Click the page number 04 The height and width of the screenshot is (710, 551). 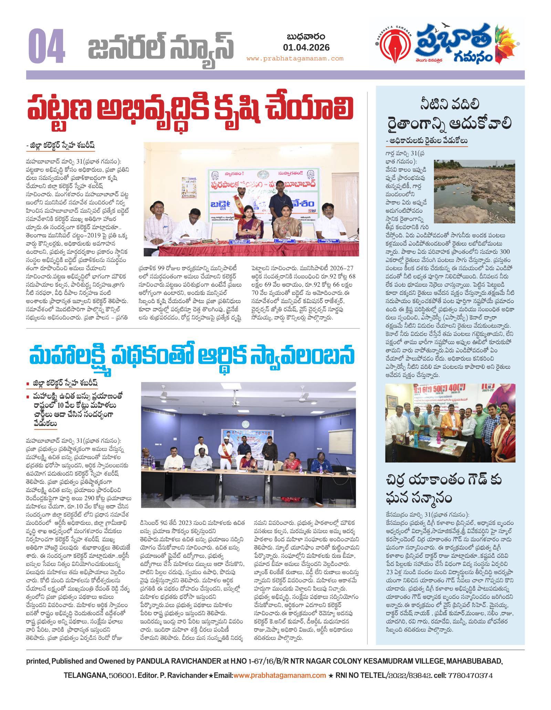click(46, 47)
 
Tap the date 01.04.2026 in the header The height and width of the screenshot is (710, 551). click(306, 47)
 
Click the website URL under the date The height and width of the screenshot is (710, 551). click(295, 59)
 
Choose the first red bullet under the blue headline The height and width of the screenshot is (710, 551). click(28, 383)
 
